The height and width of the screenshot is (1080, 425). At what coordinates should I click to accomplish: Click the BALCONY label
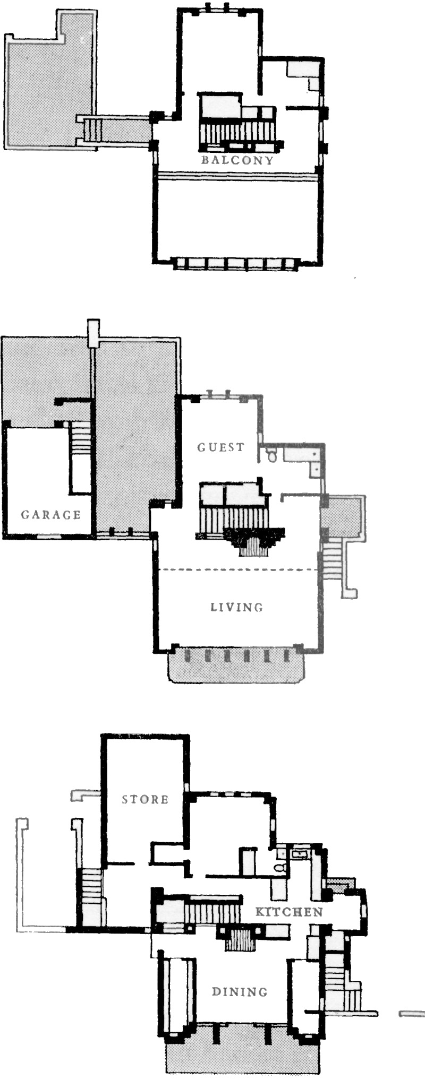237,160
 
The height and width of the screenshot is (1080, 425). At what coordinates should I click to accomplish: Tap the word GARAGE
51,514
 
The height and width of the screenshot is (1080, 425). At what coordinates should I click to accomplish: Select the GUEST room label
221,447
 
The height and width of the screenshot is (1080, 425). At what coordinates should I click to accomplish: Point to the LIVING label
237,607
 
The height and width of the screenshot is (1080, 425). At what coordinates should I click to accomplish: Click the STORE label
145,799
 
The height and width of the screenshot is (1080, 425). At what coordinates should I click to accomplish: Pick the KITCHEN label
289,912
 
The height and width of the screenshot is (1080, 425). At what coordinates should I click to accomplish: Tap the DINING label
240,991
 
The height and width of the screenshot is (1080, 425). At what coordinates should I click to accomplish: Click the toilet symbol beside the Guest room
272,455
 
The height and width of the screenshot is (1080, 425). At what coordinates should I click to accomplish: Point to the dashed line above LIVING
237,569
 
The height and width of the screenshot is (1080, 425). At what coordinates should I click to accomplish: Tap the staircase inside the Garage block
81,438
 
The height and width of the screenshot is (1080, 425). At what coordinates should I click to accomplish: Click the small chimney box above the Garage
93,333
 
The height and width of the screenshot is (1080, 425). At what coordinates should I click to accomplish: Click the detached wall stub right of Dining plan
412,1014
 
